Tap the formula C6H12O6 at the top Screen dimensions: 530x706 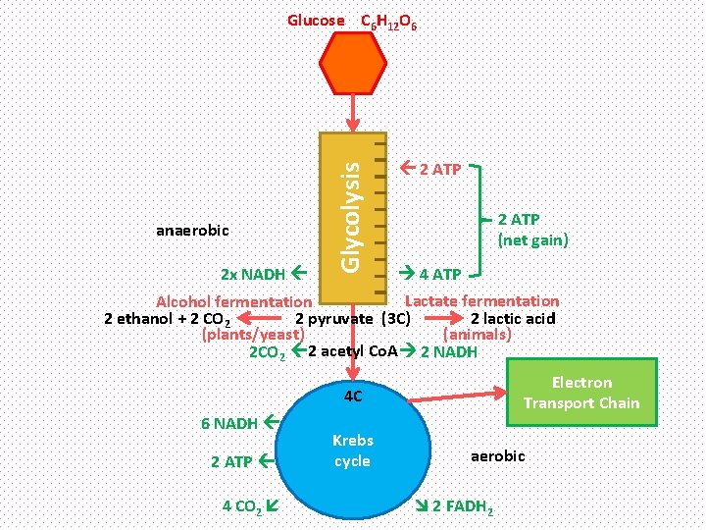389,21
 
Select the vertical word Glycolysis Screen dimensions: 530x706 352,216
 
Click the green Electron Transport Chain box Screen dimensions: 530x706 580,393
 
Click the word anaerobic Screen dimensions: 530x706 192,231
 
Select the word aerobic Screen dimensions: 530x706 498,456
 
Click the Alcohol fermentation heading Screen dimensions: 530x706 234,302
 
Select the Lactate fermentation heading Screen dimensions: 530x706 482,301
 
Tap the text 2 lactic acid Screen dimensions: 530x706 513,318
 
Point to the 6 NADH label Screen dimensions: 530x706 229,424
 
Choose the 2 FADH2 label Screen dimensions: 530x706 463,506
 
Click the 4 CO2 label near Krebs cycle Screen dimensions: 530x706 240,506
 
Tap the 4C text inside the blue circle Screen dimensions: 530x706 353,397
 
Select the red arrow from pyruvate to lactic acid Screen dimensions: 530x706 442,318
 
